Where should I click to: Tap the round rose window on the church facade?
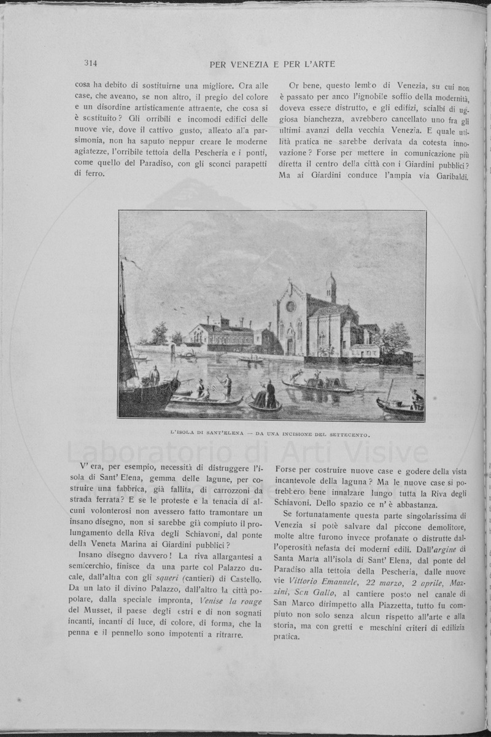(291, 306)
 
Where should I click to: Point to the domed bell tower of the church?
(331, 287)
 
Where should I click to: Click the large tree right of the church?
(395, 338)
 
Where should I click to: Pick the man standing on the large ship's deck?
(155, 374)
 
